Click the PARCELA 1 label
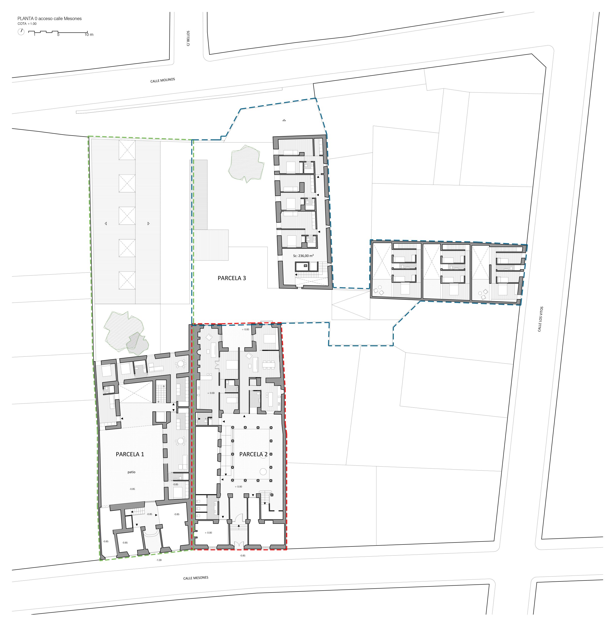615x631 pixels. [130, 454]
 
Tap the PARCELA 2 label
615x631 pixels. [253, 454]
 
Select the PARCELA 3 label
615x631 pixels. [232, 278]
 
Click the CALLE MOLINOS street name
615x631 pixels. [163, 80]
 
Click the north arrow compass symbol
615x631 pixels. [21, 32]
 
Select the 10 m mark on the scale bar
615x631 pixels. [89, 35]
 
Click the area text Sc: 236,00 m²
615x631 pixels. [303, 256]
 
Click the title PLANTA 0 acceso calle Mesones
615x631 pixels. [50, 18]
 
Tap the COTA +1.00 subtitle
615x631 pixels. [27, 24]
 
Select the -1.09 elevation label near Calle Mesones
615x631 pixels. [159, 560]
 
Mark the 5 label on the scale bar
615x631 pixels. [58, 35]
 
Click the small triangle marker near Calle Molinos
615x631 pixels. [284, 120]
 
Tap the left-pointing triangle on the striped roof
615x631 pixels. [106, 223]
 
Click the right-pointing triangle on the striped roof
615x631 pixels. [149, 223]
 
